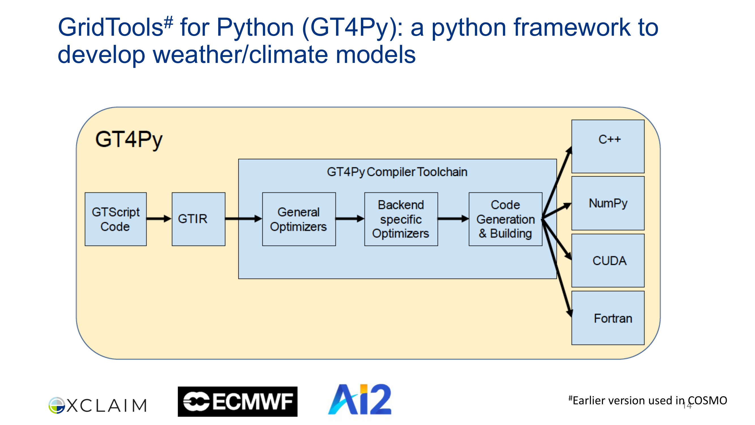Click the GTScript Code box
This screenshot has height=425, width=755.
tap(116, 219)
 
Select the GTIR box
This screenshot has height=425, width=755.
tap(198, 219)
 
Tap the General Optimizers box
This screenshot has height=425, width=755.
tap(299, 219)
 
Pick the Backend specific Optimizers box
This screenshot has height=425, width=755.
tap(401, 219)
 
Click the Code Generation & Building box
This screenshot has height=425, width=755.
tap(505, 219)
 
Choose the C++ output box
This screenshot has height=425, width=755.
tap(608, 146)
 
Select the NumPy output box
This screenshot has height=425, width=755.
tap(608, 203)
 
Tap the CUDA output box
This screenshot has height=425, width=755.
tap(608, 260)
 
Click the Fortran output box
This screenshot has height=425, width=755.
tap(608, 318)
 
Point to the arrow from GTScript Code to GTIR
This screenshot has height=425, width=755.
tap(159, 218)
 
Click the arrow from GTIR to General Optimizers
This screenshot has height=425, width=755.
tap(243, 218)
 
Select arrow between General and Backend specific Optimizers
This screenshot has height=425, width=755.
tap(350, 218)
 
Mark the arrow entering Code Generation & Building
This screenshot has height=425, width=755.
tap(453, 218)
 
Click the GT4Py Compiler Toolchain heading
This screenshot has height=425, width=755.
tap(397, 172)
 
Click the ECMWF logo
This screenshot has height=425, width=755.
tap(238, 401)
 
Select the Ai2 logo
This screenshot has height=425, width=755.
tap(360, 399)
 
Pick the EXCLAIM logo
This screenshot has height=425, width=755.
tap(98, 405)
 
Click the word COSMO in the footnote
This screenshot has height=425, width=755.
tap(707, 401)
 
